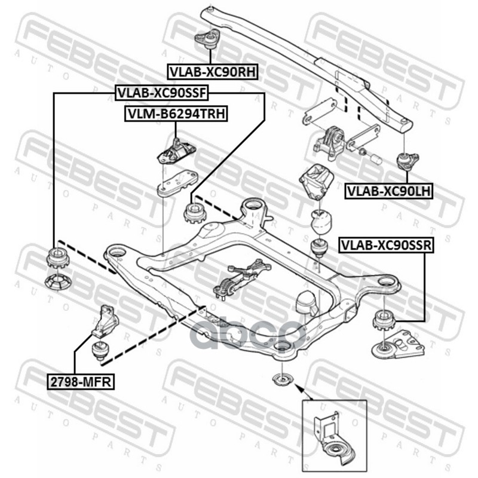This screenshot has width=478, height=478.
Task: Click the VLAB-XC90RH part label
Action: pyautogui.click(x=212, y=72)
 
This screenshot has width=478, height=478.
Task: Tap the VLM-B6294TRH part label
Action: pyautogui.click(x=176, y=114)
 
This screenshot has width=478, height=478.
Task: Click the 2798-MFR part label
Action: pyautogui.click(x=80, y=381)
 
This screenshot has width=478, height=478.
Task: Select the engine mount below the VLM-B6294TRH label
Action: pyautogui.click(x=175, y=151)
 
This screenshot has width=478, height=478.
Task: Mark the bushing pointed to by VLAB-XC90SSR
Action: pyautogui.click(x=382, y=321)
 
